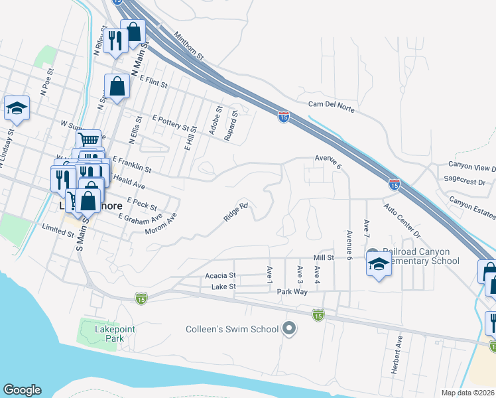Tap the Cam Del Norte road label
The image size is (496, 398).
[333, 104]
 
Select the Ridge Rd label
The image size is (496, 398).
[235, 212]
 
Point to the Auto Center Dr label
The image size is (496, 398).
[401, 221]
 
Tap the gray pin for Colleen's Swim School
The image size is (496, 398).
[288, 328]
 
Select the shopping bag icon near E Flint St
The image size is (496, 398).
[117, 86]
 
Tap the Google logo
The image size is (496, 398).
[22, 390]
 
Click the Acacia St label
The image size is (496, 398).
[220, 275]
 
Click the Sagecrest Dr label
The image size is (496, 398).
[465, 180]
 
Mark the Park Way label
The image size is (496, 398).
[292, 291]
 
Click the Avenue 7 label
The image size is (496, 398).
[365, 230]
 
